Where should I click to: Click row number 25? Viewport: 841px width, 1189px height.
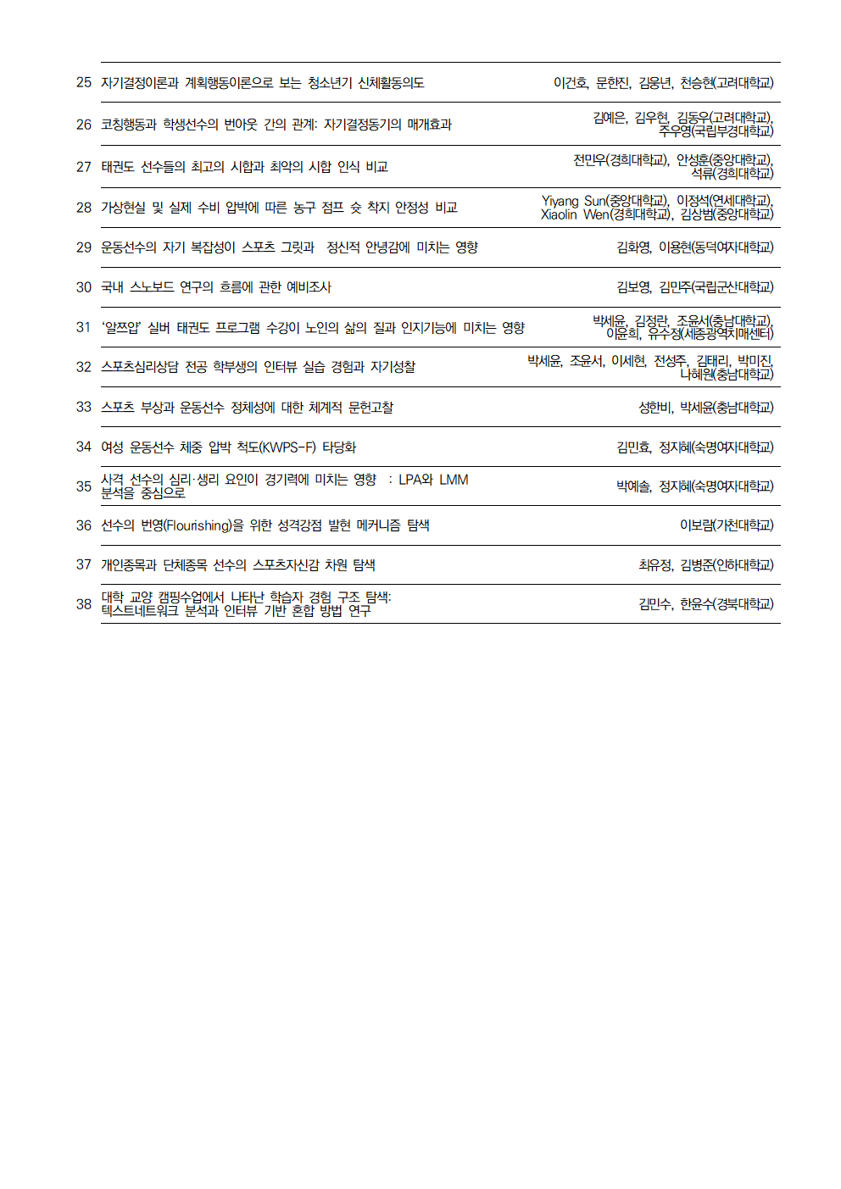pyautogui.click(x=83, y=82)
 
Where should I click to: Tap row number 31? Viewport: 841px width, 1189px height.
pyautogui.click(x=83, y=327)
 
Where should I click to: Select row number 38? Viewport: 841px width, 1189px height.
pyautogui.click(x=83, y=604)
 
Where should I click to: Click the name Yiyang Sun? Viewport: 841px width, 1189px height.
pyautogui.click(x=572, y=201)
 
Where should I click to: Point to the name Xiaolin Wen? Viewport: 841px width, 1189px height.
pyautogui.click(x=574, y=214)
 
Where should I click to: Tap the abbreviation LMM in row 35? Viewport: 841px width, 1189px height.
pyautogui.click(x=454, y=480)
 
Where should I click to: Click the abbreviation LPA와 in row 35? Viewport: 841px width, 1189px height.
pyautogui.click(x=415, y=480)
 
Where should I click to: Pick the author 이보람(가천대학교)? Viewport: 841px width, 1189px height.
pyautogui.click(x=726, y=525)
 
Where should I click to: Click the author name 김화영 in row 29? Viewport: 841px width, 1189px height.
pyautogui.click(x=633, y=247)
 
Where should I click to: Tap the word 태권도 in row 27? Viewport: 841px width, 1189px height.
pyautogui.click(x=117, y=167)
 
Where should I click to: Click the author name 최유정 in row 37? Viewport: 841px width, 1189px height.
pyautogui.click(x=655, y=565)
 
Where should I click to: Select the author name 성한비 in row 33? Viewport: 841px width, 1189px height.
pyautogui.click(x=655, y=408)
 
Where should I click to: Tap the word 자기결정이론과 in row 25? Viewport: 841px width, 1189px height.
pyautogui.click(x=139, y=83)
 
